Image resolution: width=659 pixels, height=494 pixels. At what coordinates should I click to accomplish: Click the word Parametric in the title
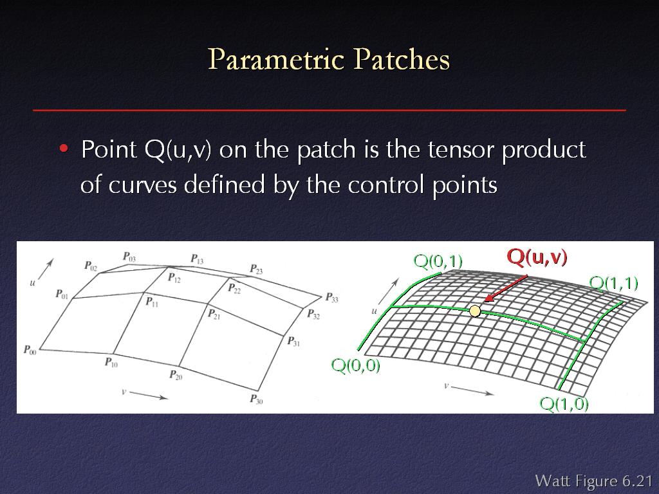[x=276, y=59]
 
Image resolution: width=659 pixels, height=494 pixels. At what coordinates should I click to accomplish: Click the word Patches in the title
[x=402, y=59]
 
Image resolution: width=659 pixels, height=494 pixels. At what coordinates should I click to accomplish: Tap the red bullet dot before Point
[x=64, y=149]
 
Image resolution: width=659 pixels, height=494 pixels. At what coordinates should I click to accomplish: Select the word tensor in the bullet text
[x=458, y=149]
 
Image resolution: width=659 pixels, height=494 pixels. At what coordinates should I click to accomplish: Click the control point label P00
[x=30, y=349]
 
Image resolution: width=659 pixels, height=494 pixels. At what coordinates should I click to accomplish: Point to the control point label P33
[x=331, y=297]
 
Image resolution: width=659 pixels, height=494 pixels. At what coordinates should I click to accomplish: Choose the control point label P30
[x=256, y=399]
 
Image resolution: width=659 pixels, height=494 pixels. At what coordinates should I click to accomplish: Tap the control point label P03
[x=129, y=256]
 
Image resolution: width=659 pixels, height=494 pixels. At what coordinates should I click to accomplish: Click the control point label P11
[x=152, y=301]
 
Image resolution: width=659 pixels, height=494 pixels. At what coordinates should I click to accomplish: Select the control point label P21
[x=214, y=313]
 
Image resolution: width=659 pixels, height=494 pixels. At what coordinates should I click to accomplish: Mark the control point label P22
[x=234, y=288]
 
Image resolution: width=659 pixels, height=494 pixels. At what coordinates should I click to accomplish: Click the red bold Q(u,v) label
[x=537, y=257]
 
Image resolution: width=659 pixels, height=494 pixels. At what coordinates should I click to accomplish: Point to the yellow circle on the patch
[x=475, y=311]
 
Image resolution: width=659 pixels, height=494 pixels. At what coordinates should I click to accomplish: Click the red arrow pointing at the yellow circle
[x=506, y=289]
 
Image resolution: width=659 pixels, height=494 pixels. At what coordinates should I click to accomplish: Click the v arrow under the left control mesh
[x=149, y=395]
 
